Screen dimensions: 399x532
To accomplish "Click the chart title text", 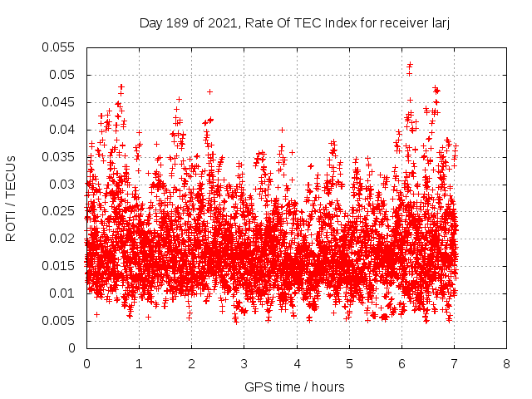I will point(294,24).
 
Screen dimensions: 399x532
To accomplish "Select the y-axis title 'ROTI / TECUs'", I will point(12,198).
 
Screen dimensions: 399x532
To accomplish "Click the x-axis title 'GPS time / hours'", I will point(294,387).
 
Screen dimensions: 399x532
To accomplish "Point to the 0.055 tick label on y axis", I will point(58,47).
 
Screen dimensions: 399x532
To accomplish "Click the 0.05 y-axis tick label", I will point(62,75).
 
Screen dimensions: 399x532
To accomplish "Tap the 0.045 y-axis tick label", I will point(58,102).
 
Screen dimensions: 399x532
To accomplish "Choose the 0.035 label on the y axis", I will point(58,156).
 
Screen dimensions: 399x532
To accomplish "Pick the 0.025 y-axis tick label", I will point(58,211).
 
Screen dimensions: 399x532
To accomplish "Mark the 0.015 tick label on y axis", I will point(58,266).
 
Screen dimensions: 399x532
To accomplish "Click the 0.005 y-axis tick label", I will point(58,320).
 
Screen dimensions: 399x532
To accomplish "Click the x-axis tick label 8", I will point(506,364).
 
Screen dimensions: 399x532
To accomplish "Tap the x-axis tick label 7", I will point(454,364).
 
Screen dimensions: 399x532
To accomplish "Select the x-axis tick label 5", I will point(349,364).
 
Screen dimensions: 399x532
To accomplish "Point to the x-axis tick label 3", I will point(244,364).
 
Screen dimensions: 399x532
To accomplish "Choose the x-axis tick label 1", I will point(139,364).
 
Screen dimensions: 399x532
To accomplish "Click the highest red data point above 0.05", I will point(410,64).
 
